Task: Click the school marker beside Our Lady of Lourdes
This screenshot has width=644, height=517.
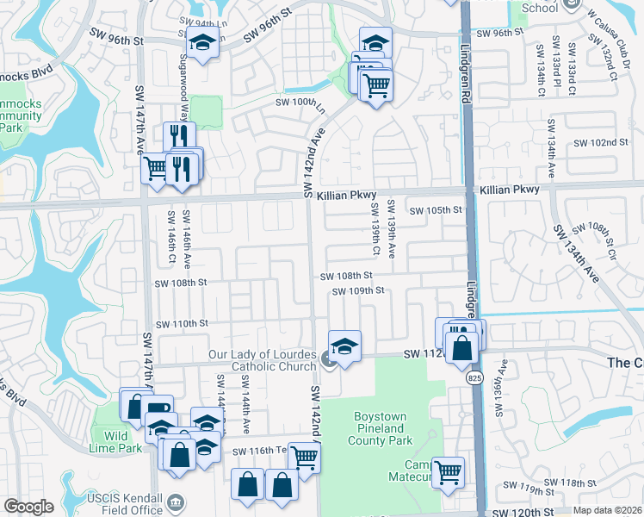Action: point(344,346)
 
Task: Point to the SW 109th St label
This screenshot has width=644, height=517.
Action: point(357,291)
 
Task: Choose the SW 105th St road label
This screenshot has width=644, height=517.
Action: point(436,210)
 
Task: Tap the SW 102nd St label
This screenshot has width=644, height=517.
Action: point(599,143)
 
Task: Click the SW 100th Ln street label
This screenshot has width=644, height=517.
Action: point(301,102)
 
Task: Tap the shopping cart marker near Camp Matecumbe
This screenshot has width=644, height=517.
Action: point(449,471)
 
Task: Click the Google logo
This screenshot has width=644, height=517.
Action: point(28,507)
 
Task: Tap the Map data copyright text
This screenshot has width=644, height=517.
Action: point(607,510)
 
